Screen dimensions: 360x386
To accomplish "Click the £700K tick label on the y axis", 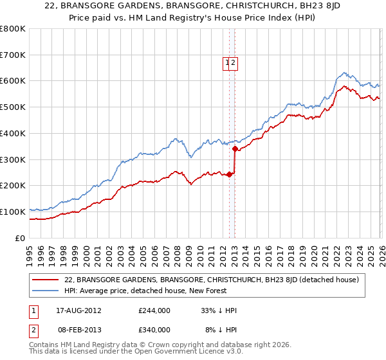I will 13,55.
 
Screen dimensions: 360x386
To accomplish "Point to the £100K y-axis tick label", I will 13,212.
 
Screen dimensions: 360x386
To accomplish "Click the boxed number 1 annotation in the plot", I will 228,63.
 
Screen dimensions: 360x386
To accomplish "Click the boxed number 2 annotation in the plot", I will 235,63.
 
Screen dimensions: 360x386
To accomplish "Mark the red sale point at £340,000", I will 235,149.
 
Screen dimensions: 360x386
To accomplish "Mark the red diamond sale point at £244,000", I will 230,174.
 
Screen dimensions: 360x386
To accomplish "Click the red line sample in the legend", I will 46,280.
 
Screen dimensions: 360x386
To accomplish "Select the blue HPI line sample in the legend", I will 46,291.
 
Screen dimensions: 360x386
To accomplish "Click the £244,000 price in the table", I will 154,310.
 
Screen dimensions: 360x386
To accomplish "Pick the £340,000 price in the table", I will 154,329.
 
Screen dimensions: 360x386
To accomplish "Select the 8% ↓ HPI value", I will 221,329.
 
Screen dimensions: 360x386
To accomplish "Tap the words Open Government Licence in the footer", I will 168,353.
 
